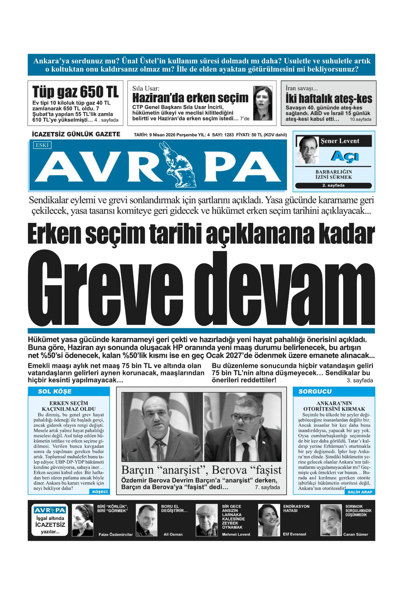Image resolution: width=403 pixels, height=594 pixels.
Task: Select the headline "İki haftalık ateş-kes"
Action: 329,99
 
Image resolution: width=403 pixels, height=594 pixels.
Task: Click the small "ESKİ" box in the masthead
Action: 42,145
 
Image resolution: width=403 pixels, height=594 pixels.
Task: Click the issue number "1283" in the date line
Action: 229,135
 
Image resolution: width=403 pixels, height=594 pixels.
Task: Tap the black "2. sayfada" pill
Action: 333,185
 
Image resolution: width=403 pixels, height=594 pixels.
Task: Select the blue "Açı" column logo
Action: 345,156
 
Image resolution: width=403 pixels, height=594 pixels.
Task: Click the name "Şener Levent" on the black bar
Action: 340,141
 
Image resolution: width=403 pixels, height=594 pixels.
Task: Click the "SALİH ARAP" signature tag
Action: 360,492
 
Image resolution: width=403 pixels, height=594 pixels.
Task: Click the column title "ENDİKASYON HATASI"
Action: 296,508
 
